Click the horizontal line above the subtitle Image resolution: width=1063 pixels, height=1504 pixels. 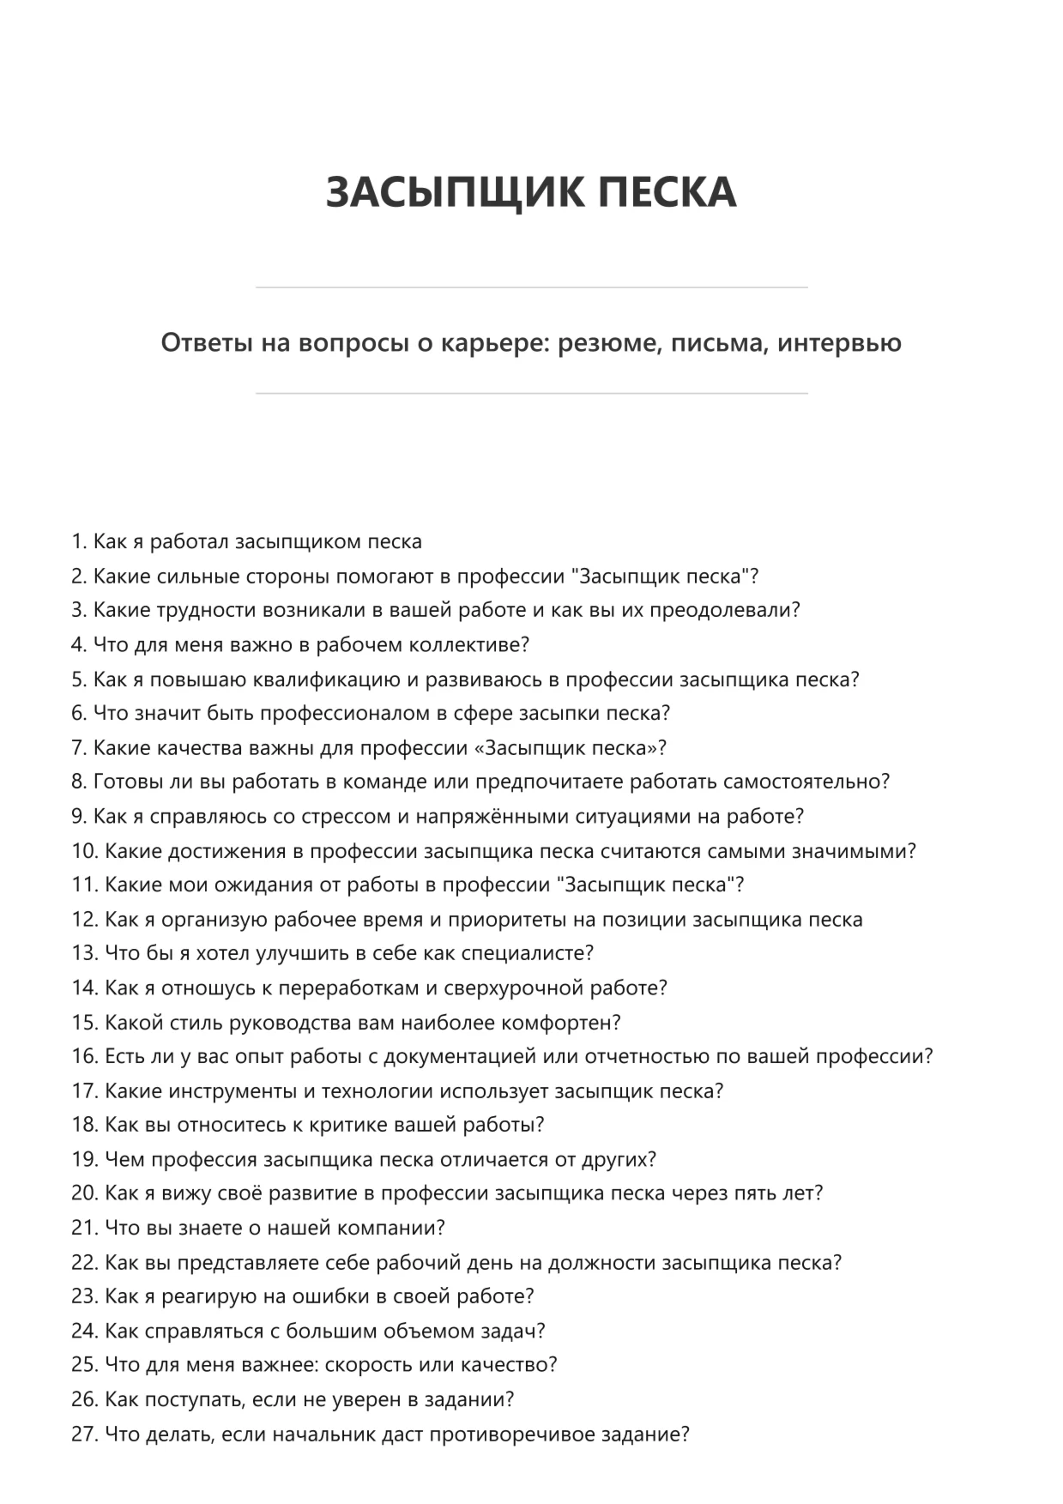(x=531, y=287)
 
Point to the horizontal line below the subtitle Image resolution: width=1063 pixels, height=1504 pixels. (x=531, y=394)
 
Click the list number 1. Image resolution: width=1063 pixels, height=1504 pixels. (x=78, y=542)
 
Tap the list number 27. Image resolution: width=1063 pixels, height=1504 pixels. (x=85, y=1434)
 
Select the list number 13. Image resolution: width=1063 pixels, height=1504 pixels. (x=85, y=953)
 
